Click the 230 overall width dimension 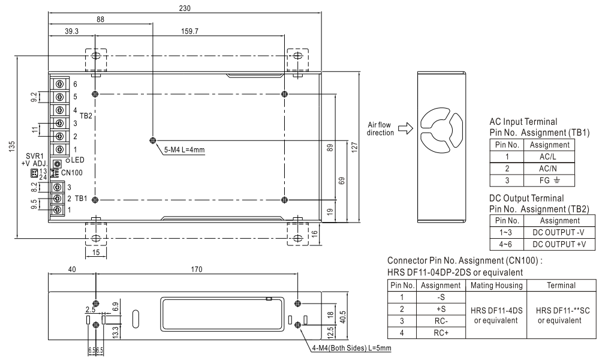pyautogui.click(x=185, y=8)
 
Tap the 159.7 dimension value pyautogui.click(x=189, y=31)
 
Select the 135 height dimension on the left pyautogui.click(x=12, y=146)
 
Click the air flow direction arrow pyautogui.click(x=406, y=129)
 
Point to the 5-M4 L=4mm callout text pyautogui.click(x=185, y=150)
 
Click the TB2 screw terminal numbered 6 pyautogui.click(x=59, y=83)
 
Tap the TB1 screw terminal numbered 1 pyautogui.click(x=58, y=209)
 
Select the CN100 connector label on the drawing pyautogui.click(x=71, y=173)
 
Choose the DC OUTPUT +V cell pyautogui.click(x=559, y=244)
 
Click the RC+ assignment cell pyautogui.click(x=441, y=333)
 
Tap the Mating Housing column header pyautogui.click(x=496, y=285)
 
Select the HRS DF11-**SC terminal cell pyautogui.click(x=561, y=315)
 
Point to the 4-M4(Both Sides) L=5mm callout pyautogui.click(x=352, y=348)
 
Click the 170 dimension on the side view pyautogui.click(x=196, y=269)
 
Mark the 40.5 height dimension pyautogui.click(x=342, y=316)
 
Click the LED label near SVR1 pyautogui.click(x=77, y=160)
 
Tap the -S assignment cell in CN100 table pyautogui.click(x=441, y=298)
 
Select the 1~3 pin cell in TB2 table pyautogui.click(x=507, y=232)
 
